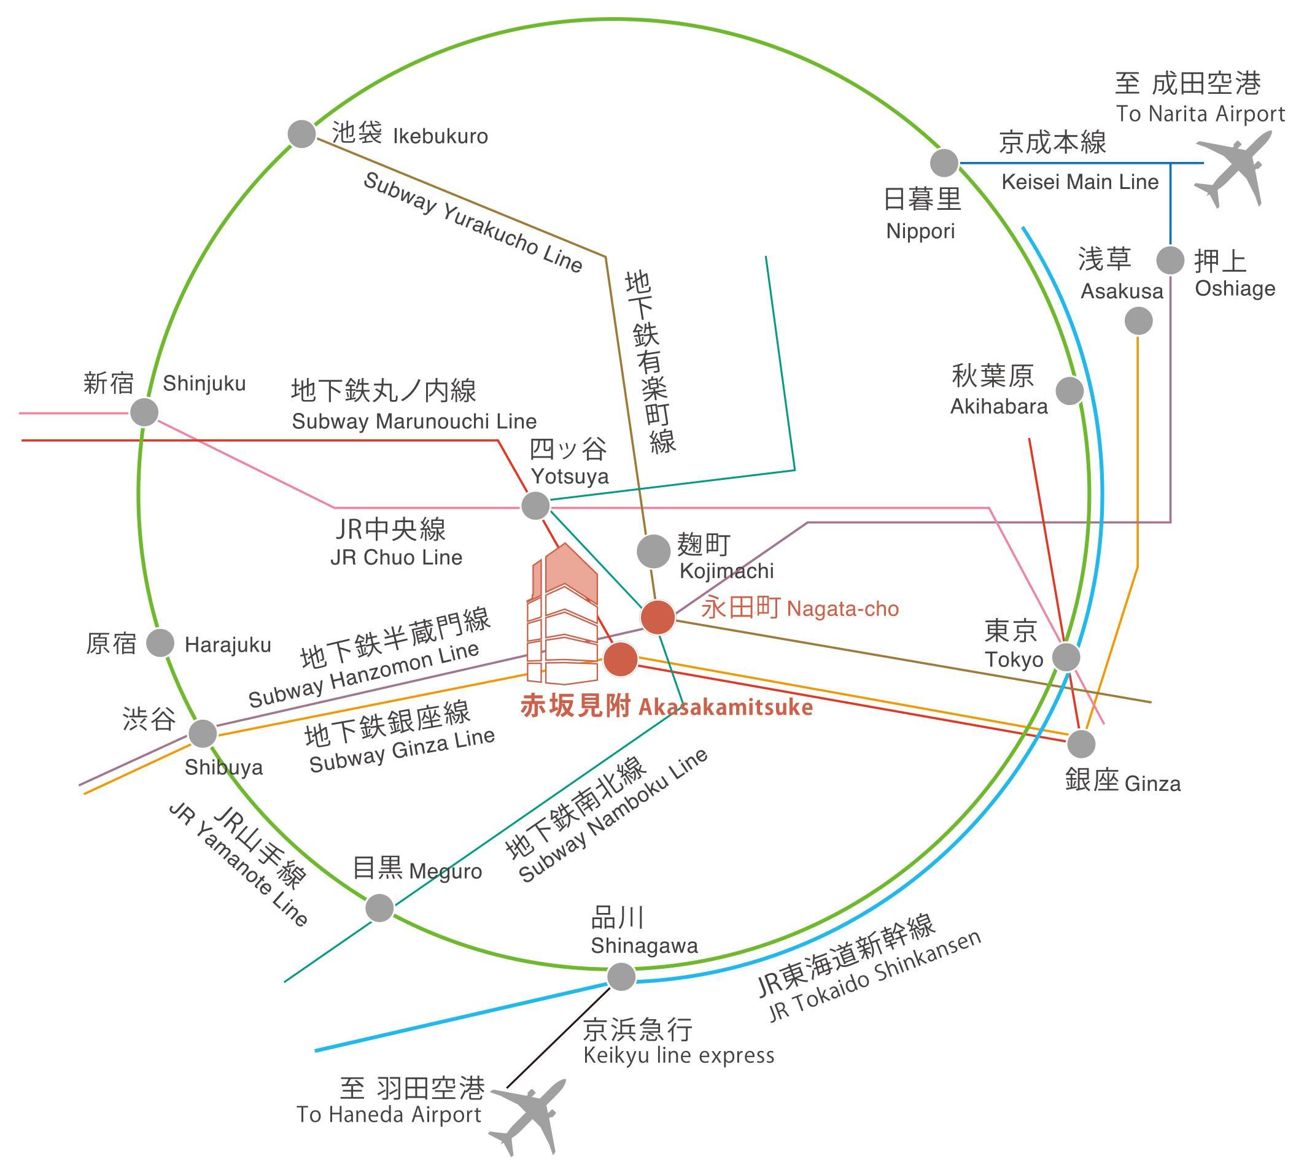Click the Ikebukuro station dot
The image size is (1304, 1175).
tap(301, 134)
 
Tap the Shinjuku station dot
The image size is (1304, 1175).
tap(144, 412)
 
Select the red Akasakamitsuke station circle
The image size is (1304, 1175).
tap(621, 659)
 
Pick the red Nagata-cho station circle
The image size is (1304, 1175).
tap(658, 617)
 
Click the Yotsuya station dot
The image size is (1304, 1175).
tap(535, 505)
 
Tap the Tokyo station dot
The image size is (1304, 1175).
tap(1066, 657)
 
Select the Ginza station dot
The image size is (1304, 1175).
tap(1081, 744)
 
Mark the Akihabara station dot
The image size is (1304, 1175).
tap(1069, 391)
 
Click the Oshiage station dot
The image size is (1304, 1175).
tap(1170, 261)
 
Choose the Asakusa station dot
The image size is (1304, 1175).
tap(1139, 321)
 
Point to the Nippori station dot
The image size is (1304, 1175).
tap(944, 163)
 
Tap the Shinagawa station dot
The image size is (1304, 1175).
tap(621, 976)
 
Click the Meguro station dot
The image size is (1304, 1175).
tap(380, 907)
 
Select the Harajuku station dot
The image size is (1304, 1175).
tap(160, 643)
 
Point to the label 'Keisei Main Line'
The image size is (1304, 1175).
tap(1080, 182)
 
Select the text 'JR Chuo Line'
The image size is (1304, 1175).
tap(396, 557)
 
